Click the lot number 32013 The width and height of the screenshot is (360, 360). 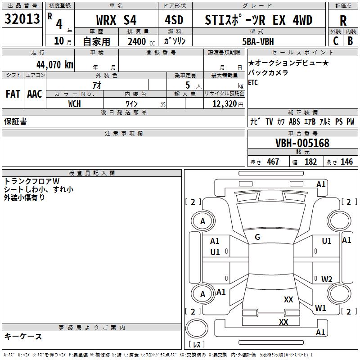22,19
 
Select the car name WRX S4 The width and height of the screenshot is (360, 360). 116,20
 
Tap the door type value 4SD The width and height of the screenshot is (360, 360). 174,20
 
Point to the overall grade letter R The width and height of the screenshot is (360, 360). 343,21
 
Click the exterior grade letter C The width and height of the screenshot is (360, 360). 336,41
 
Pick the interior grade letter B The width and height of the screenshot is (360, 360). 350,41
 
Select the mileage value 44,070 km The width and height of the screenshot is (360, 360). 55,65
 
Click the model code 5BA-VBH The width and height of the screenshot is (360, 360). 258,41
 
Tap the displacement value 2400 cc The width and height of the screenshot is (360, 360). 141,41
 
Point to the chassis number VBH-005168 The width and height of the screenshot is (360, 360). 302,143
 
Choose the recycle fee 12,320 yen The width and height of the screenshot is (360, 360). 228,104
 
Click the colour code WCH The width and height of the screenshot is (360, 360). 75,104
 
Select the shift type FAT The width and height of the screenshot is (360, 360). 13,94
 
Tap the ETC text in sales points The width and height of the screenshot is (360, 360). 253,82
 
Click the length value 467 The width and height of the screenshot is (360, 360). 273,162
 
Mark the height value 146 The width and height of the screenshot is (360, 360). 346,162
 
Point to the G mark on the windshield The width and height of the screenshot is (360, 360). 257,237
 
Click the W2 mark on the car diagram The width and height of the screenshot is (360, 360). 327,279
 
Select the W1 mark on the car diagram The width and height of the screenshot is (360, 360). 320,308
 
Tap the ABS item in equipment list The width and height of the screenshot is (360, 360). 294,121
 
